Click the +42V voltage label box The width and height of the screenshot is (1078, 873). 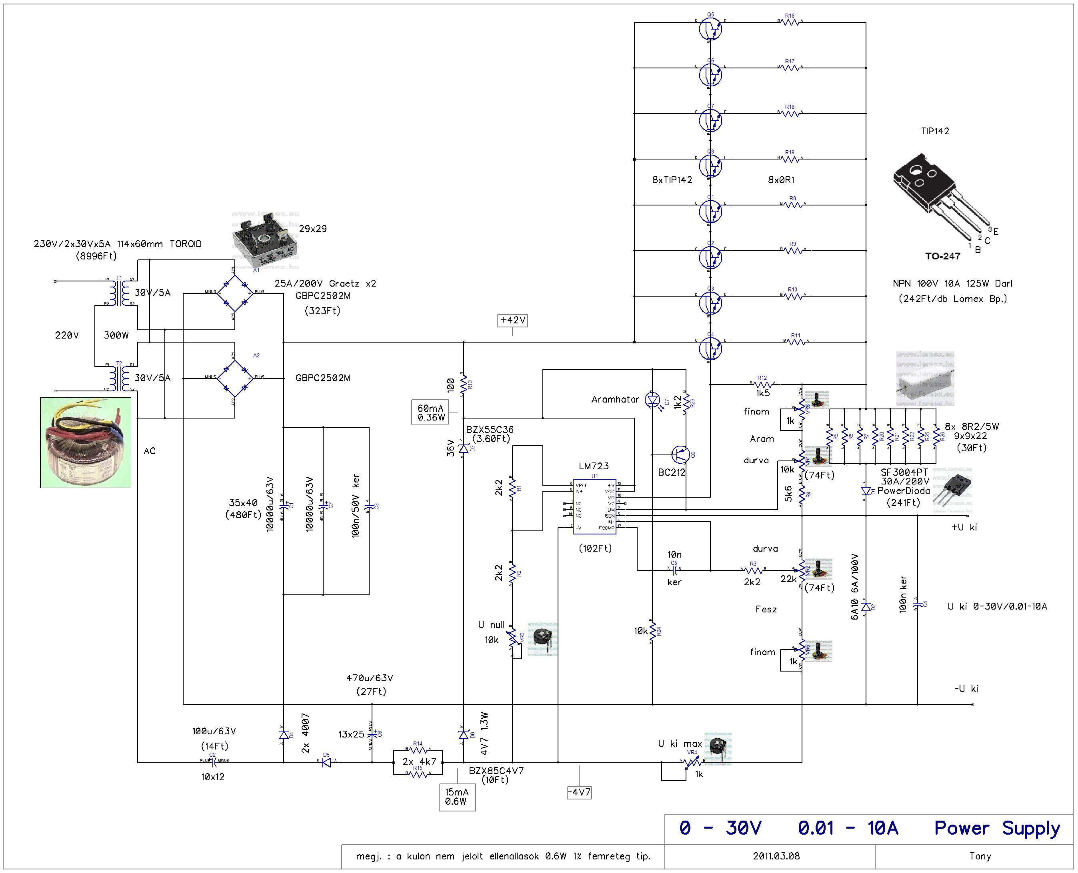pyautogui.click(x=512, y=320)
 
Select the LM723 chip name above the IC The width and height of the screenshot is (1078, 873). pyautogui.click(x=594, y=466)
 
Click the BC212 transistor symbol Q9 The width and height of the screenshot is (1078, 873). pyautogui.click(x=680, y=454)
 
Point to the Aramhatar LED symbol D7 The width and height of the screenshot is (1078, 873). pyautogui.click(x=653, y=400)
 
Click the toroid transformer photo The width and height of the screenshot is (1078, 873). pyautogui.click(x=86, y=442)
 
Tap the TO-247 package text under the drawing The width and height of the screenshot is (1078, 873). pyautogui.click(x=943, y=256)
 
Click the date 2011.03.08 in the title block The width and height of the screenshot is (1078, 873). pyautogui.click(x=776, y=856)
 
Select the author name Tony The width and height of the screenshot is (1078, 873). pyautogui.click(x=980, y=856)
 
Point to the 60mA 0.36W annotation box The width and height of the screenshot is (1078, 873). pyautogui.click(x=431, y=413)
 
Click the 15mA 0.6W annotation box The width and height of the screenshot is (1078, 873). pyautogui.click(x=456, y=797)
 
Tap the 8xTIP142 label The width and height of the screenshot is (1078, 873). pyautogui.click(x=672, y=180)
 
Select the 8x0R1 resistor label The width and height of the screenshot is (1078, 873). pyautogui.click(x=781, y=180)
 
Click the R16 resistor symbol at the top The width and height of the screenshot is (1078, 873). pyautogui.click(x=790, y=22)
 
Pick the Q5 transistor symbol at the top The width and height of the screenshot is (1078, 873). pyautogui.click(x=710, y=29)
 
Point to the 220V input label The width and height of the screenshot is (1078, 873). pyautogui.click(x=67, y=335)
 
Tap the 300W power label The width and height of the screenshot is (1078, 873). pyautogui.click(x=116, y=335)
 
